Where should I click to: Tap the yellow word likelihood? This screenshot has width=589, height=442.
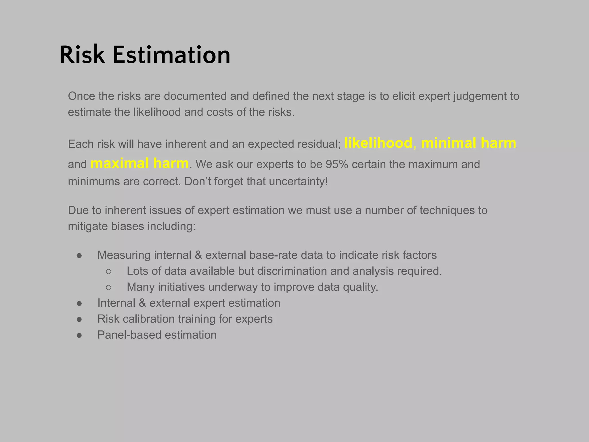[x=378, y=143]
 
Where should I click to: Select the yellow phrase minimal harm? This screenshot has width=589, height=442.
[x=468, y=143]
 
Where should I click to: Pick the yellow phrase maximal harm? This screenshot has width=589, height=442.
[x=139, y=163]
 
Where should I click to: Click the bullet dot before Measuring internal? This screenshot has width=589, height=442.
[x=79, y=256]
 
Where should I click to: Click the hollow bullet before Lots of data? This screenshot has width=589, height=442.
[x=108, y=271]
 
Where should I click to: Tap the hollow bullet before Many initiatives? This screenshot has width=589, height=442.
[x=108, y=287]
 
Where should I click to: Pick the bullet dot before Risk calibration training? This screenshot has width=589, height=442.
[x=79, y=319]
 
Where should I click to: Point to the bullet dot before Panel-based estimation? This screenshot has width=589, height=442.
[x=79, y=335]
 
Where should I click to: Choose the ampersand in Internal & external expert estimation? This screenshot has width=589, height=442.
[x=142, y=303]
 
